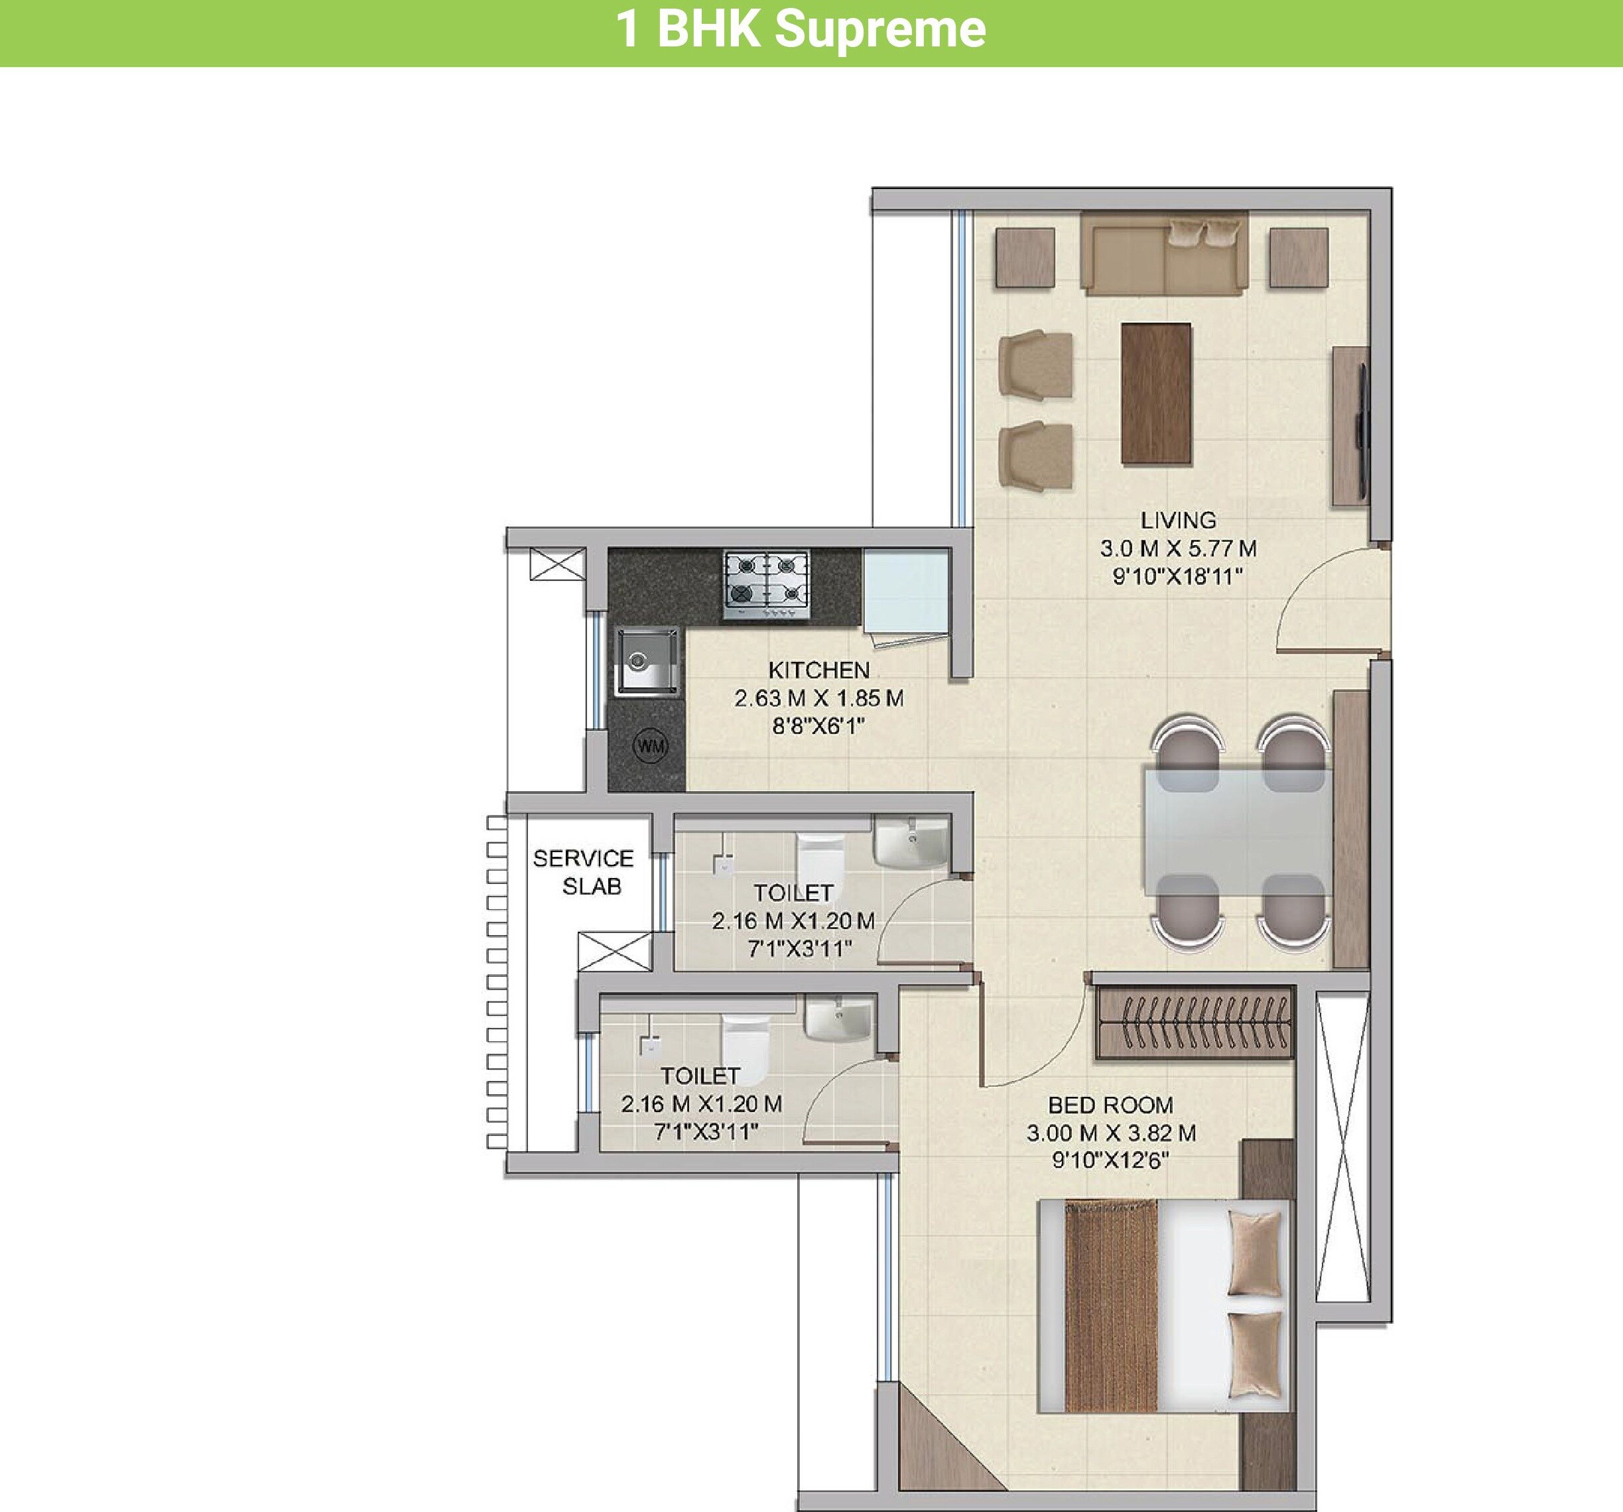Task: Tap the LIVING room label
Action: (1177, 520)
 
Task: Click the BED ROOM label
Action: (1110, 1105)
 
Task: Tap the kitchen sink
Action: (647, 661)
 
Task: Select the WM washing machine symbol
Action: (651, 745)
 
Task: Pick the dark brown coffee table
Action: (1155, 393)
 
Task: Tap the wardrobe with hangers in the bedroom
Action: (1195, 1023)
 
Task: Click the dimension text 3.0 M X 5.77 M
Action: (1177, 548)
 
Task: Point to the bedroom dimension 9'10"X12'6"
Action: (1110, 1160)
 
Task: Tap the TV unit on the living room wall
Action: (1351, 424)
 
